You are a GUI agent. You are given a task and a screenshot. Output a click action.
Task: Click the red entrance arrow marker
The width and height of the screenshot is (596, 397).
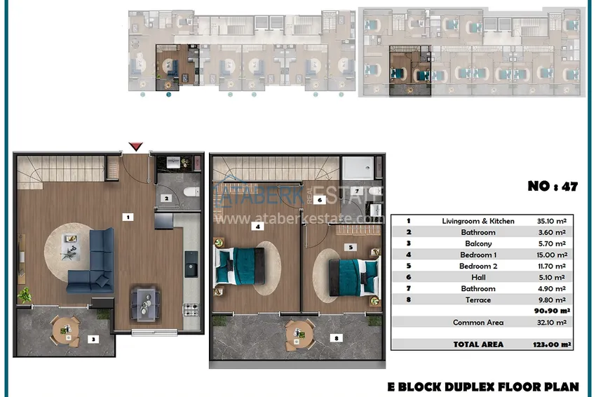click(x=136, y=147)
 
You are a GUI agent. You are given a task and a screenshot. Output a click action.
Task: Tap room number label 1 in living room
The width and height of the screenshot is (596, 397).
click(x=128, y=217)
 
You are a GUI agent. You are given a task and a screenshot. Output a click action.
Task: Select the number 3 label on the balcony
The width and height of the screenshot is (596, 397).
click(x=93, y=339)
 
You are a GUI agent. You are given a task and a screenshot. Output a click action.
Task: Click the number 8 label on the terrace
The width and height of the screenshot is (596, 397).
click(x=337, y=337)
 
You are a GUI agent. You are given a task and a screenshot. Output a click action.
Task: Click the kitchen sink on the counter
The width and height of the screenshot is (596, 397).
click(x=191, y=264)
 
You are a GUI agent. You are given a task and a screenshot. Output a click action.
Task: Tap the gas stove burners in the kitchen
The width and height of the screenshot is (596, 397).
click(x=191, y=309)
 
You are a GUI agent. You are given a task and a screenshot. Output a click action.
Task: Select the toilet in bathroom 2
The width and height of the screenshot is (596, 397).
click(x=191, y=191)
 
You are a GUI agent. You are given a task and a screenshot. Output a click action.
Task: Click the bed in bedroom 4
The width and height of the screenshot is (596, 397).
click(x=240, y=267)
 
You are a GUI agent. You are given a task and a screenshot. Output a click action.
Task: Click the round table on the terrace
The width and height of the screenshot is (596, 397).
click(x=300, y=335)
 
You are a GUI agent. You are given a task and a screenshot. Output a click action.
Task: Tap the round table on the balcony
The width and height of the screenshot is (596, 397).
click(x=66, y=331)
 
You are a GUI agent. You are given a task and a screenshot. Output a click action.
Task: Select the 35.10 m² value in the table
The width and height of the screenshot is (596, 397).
click(x=552, y=221)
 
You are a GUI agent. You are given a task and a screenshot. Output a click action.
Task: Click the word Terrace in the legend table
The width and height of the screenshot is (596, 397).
click(x=478, y=300)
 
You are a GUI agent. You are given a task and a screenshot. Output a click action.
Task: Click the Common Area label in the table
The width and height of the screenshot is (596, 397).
click(x=478, y=323)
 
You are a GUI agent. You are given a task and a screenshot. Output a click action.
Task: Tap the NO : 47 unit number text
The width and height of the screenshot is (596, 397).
click(x=553, y=187)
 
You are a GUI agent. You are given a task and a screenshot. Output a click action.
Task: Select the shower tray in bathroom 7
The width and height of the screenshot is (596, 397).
click(x=358, y=168)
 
